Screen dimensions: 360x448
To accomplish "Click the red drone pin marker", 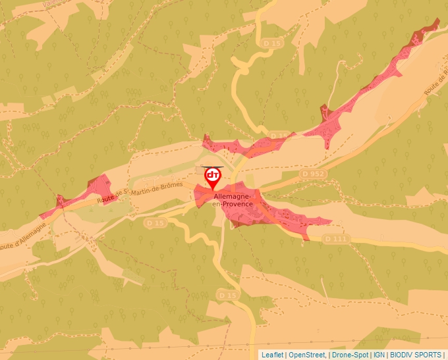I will pyautogui.click(x=213, y=178).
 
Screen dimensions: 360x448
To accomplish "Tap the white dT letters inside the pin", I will pyautogui.click(x=213, y=175).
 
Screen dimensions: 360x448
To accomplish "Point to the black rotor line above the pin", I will pyautogui.click(x=213, y=168).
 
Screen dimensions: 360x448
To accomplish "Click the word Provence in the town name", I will pyautogui.click(x=237, y=204).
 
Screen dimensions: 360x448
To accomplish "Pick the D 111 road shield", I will pyautogui.click(x=336, y=238).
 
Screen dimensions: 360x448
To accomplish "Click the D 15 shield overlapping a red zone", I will pyautogui.click(x=279, y=136).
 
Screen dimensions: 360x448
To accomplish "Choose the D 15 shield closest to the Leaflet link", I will pyautogui.click(x=227, y=296).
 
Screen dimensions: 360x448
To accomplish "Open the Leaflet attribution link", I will pyautogui.click(x=272, y=355).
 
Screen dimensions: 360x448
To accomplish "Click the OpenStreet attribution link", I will pyautogui.click(x=307, y=355).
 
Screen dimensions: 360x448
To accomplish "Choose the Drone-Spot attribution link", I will pyautogui.click(x=349, y=355).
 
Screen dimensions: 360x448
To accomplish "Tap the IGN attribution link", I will pyautogui.click(x=379, y=355).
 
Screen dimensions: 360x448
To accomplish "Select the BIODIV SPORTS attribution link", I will pyautogui.click(x=416, y=355).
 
